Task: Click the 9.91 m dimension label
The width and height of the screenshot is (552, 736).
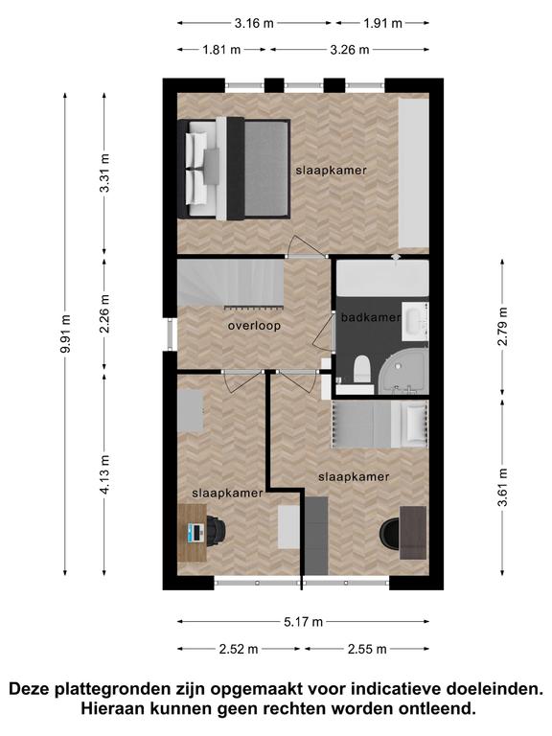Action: click(x=66, y=333)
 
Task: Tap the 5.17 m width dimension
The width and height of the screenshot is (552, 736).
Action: click(x=303, y=622)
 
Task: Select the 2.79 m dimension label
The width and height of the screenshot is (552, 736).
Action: click(x=502, y=326)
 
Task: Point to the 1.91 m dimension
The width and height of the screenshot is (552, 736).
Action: click(x=382, y=23)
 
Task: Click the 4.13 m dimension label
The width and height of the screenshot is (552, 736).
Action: click(x=104, y=474)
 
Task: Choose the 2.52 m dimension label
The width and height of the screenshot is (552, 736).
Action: click(x=239, y=649)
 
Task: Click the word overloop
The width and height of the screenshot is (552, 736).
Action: click(x=254, y=325)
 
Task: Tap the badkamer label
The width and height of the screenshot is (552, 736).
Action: click(x=371, y=317)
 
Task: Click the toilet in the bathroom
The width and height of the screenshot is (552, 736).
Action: click(x=362, y=369)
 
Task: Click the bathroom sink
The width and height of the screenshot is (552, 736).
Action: click(x=415, y=321)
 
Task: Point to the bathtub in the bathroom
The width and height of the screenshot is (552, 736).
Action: click(x=383, y=278)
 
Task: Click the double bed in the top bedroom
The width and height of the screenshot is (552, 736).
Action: click(x=234, y=169)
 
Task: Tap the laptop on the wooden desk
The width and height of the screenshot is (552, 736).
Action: click(x=195, y=533)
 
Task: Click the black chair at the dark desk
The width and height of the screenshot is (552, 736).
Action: click(x=390, y=533)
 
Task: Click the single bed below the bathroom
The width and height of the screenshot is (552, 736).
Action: click(x=380, y=424)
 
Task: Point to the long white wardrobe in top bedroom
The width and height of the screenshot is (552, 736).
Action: click(x=414, y=173)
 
